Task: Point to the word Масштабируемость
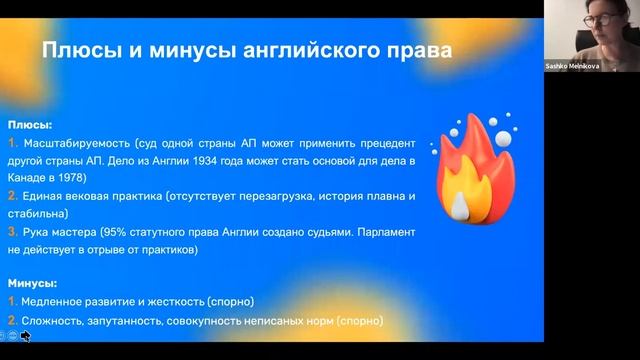tap(86, 144)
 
